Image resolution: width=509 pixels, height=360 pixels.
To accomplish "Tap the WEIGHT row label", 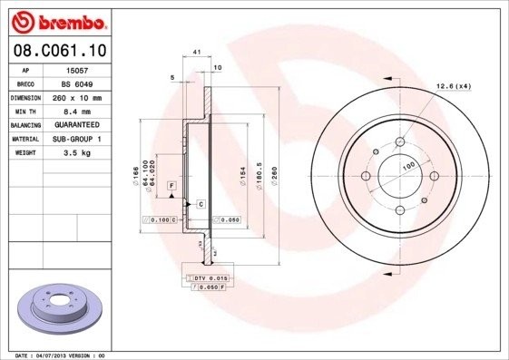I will tap(24, 153).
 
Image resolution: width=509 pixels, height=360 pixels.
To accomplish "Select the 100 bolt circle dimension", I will tap(408, 165).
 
